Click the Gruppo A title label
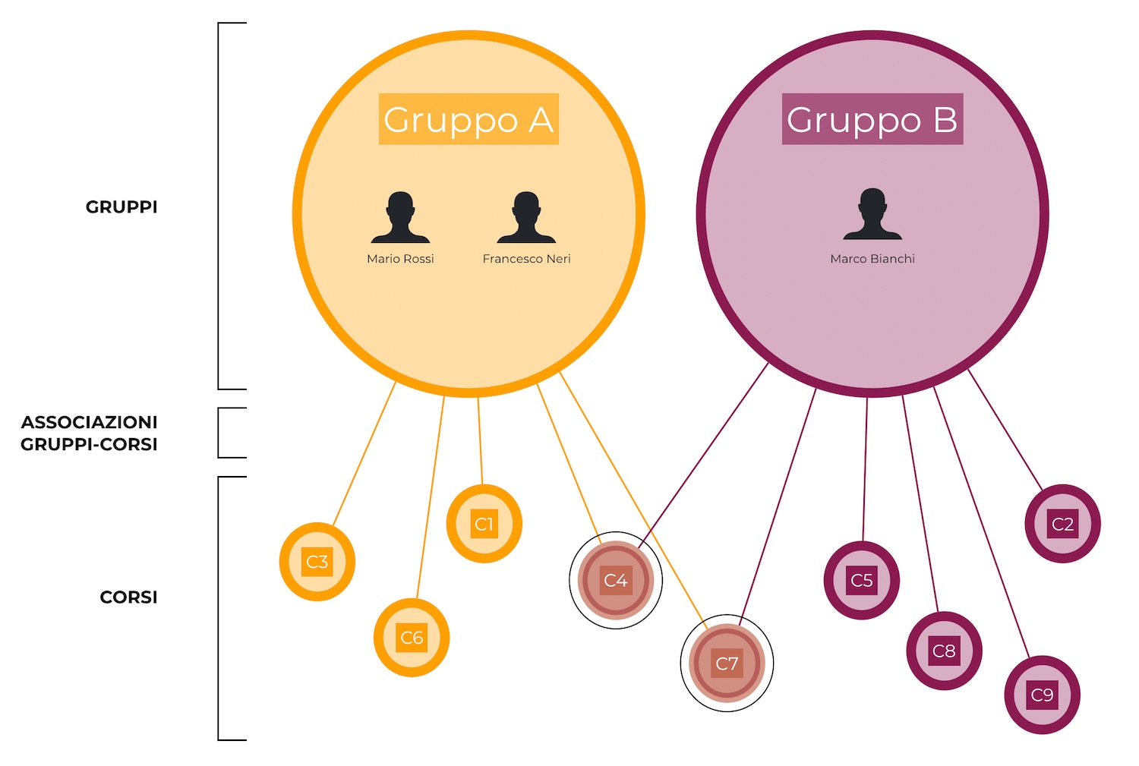point(469,119)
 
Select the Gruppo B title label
point(872,119)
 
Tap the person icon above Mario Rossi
point(400,217)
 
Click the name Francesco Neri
point(526,259)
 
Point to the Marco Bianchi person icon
point(872,214)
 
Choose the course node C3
point(317,562)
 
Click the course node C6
point(412,638)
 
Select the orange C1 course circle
point(484,524)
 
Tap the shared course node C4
point(616,581)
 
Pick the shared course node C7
point(727,664)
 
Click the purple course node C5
point(862,581)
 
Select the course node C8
point(944,651)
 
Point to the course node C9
point(1042,695)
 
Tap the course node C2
point(1062,524)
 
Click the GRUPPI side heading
point(121,207)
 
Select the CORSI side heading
point(128,597)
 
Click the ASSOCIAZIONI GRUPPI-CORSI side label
point(89,433)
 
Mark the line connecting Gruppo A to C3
point(364,454)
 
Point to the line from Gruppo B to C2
point(1005,429)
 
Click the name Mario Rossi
point(400,259)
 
